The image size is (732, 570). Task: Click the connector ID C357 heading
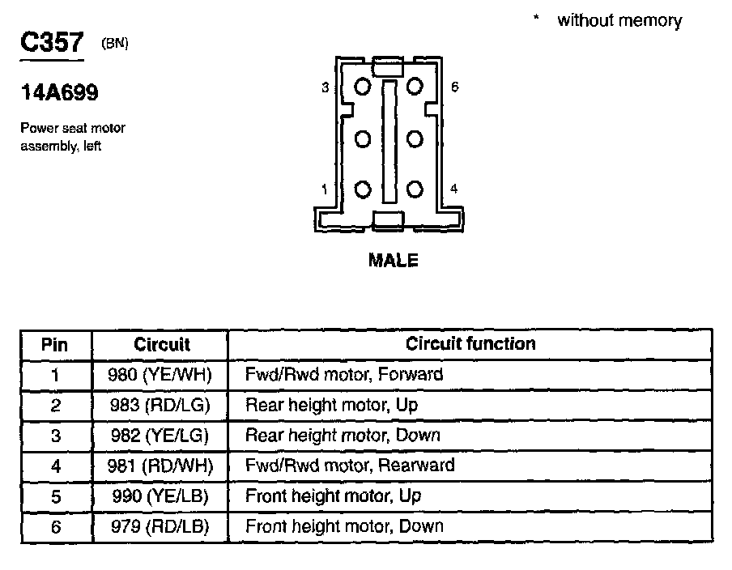(x=52, y=44)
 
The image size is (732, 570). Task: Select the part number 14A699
(x=59, y=93)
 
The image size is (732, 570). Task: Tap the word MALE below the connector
(x=394, y=261)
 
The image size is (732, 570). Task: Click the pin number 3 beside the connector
(x=326, y=87)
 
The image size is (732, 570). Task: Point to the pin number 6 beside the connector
(x=455, y=87)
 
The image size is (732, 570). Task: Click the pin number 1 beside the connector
(x=325, y=189)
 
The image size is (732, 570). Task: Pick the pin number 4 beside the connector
(x=454, y=189)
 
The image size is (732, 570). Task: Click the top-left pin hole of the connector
(x=363, y=86)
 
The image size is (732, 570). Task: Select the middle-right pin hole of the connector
(x=415, y=138)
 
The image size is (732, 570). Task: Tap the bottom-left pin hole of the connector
(x=363, y=189)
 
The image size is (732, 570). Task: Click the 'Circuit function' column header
(x=470, y=343)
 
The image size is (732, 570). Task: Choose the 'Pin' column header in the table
(x=55, y=344)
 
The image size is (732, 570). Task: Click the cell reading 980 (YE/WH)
(x=160, y=374)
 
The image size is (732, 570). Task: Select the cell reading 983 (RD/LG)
(x=160, y=405)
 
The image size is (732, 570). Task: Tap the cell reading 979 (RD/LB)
(x=160, y=526)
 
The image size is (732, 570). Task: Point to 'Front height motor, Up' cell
(x=333, y=496)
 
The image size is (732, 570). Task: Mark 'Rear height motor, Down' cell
(x=343, y=435)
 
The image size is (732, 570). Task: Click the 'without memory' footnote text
(x=619, y=21)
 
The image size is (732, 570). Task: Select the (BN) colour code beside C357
(x=114, y=45)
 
